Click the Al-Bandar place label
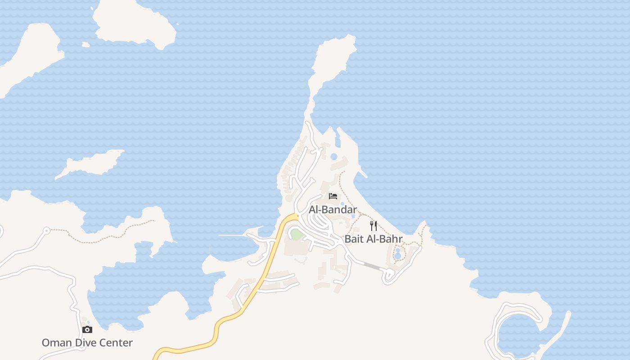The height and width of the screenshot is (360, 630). [x=333, y=210]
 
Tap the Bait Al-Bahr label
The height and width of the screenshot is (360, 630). [x=373, y=239]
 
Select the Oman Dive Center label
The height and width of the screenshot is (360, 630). [x=87, y=343]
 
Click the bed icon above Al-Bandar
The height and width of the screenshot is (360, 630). [x=333, y=196]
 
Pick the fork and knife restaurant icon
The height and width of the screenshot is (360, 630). [x=373, y=225]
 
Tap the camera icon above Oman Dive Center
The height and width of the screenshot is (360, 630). [x=87, y=329]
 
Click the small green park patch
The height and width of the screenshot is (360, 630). [x=296, y=234]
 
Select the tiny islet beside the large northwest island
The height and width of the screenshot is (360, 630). [x=85, y=44]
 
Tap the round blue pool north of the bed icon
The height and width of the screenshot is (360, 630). [x=333, y=157]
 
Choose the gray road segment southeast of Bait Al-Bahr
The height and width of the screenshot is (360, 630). [x=371, y=266]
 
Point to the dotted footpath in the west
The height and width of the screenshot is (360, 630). [x=103, y=236]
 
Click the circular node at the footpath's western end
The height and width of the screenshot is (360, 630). [x=46, y=231]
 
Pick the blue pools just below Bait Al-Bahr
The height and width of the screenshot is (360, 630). [x=397, y=253]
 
